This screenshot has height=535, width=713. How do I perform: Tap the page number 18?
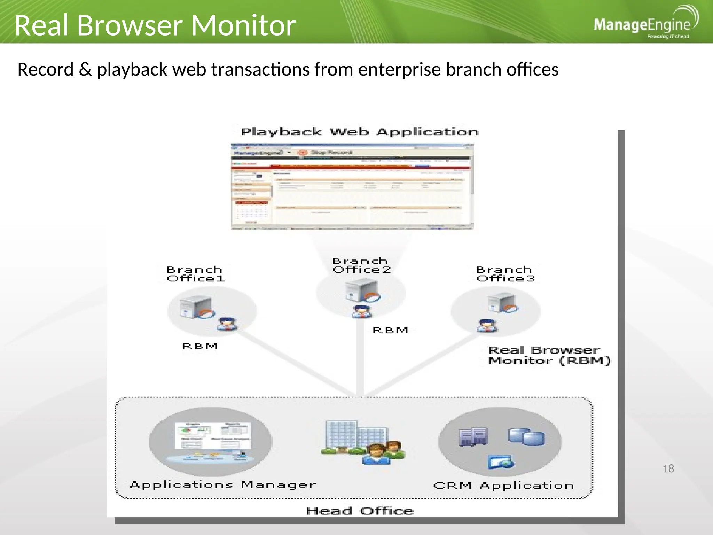click(x=668, y=469)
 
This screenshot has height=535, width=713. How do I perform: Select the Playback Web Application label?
click(x=360, y=132)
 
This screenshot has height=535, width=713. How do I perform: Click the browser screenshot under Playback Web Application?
click(x=352, y=187)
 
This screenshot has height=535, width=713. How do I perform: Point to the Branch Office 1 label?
click(x=195, y=274)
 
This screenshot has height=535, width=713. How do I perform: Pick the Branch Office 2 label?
click(x=361, y=265)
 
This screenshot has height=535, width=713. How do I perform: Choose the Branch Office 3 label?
click(x=505, y=274)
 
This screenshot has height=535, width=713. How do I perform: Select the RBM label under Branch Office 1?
click(x=200, y=346)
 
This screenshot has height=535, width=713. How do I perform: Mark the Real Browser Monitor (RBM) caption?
click(x=549, y=355)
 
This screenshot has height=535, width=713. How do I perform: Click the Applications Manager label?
click(x=223, y=485)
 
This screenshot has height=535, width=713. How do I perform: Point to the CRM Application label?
click(x=503, y=486)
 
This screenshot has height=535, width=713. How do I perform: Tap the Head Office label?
click(x=360, y=511)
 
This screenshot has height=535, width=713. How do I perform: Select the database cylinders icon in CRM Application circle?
click(x=526, y=437)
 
